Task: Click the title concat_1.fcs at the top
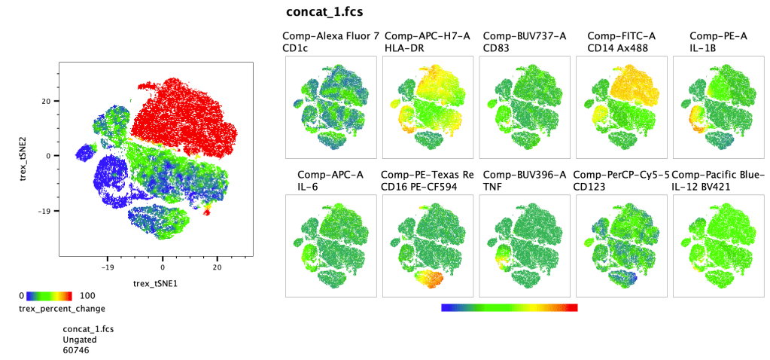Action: point(325,12)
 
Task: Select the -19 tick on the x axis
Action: point(107,267)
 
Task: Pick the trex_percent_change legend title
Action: point(61,308)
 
